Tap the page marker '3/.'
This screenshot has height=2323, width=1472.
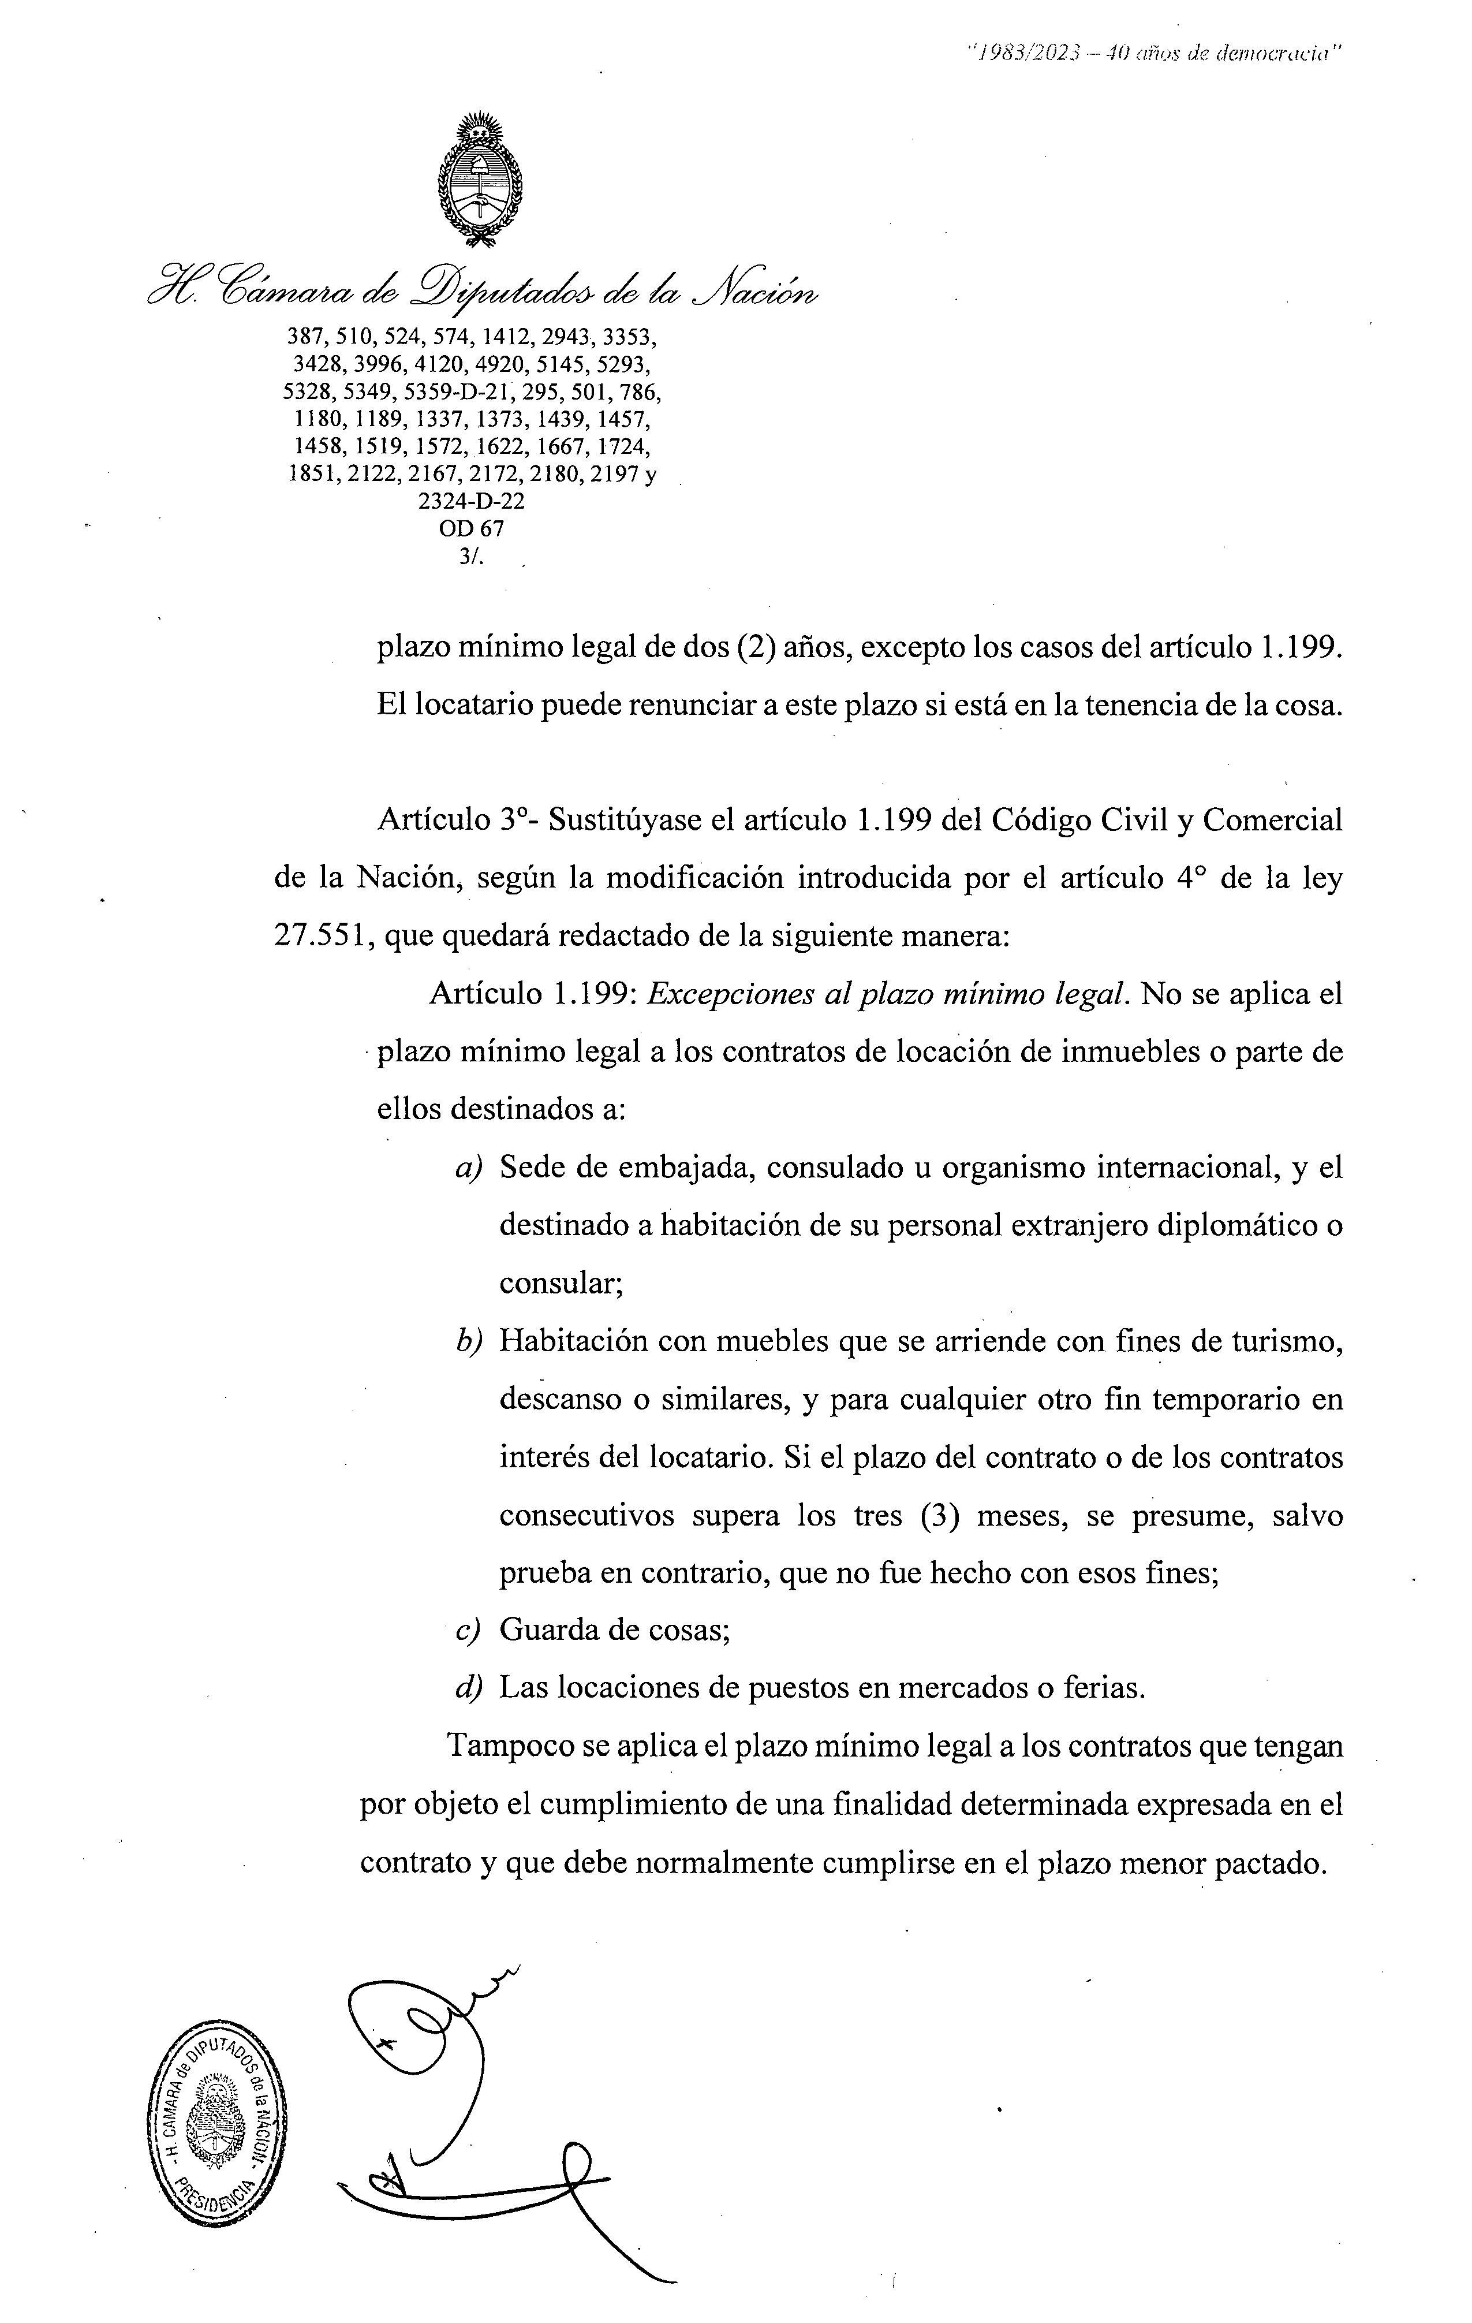472,555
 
